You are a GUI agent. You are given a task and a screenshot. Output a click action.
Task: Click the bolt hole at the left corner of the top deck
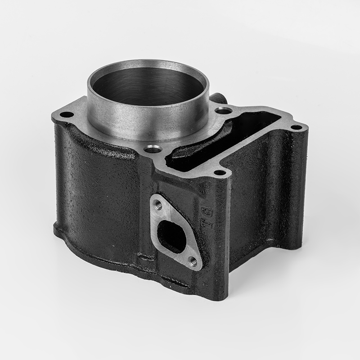pyautogui.click(x=67, y=115)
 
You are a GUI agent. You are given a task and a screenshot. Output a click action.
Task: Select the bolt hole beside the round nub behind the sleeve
pyautogui.click(x=223, y=110)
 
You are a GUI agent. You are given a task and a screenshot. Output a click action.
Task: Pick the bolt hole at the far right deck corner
pyautogui.click(x=296, y=127)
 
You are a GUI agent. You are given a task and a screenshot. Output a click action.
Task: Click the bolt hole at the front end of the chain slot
pyautogui.click(x=219, y=172)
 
